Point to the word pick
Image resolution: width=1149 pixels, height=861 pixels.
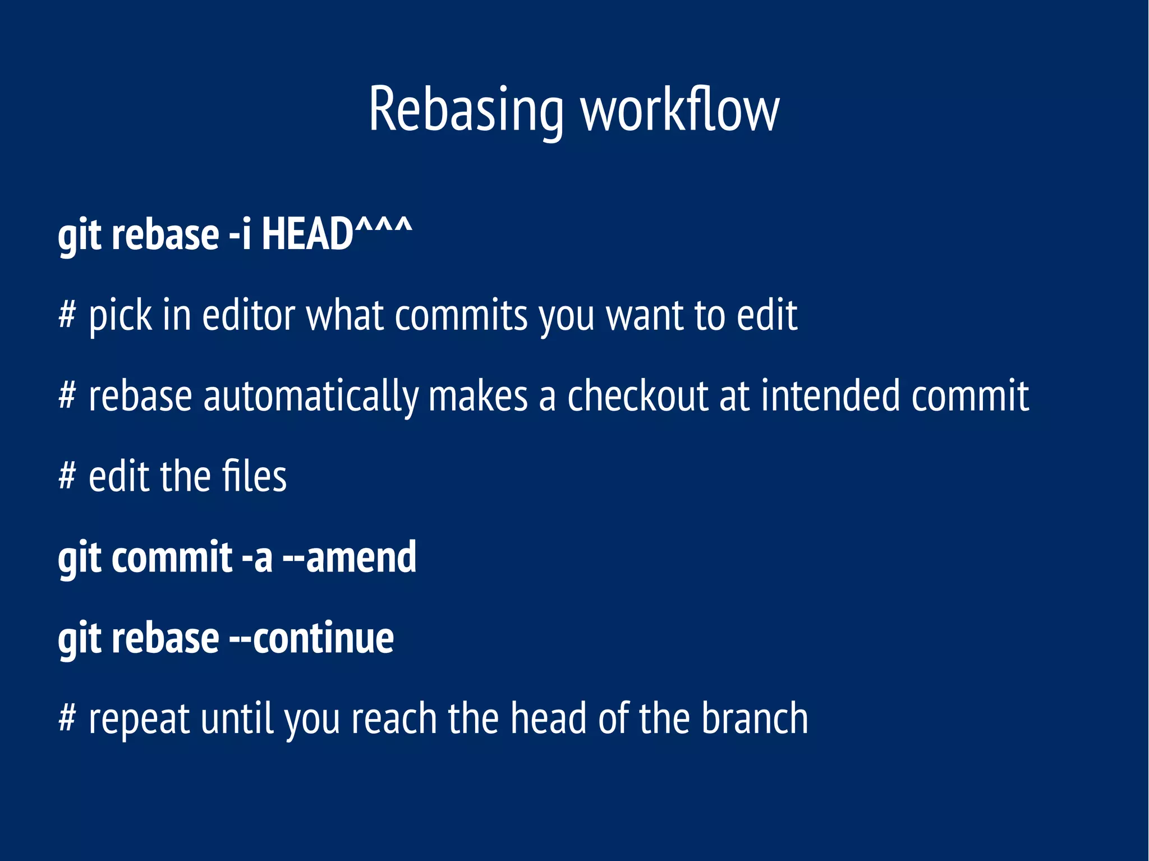(x=120, y=315)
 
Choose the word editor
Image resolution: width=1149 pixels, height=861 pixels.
(x=248, y=315)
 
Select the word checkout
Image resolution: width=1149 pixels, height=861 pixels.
(x=638, y=396)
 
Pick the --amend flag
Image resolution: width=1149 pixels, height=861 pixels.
(x=350, y=558)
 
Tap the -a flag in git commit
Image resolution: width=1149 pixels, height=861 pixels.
(x=257, y=558)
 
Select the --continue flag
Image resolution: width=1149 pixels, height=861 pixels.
(x=311, y=638)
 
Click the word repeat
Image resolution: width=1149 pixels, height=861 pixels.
(x=140, y=719)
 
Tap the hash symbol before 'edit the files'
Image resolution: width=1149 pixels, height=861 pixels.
(x=67, y=476)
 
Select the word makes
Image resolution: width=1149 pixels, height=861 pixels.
(x=478, y=396)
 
